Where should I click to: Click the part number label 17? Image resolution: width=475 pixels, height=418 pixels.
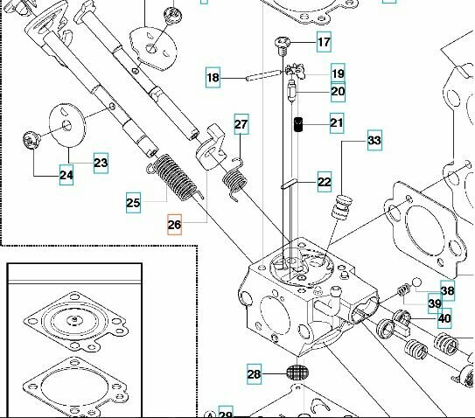point(324,42)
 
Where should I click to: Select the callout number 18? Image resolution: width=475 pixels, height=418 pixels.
point(213,78)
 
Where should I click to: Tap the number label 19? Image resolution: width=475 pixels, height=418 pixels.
point(338,73)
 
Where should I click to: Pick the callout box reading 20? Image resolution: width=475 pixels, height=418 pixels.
point(338,91)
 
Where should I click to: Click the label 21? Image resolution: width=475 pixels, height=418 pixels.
point(337,123)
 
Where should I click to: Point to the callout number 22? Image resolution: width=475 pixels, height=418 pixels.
point(325,182)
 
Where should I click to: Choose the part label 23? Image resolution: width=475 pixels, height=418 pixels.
point(101,162)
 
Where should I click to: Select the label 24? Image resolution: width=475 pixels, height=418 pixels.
point(66,176)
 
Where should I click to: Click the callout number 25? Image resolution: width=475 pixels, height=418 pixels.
point(133,203)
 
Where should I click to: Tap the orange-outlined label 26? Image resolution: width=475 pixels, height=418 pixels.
point(174,225)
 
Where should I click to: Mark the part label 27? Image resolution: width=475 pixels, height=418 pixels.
point(241,125)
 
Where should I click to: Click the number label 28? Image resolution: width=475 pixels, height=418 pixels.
point(254,374)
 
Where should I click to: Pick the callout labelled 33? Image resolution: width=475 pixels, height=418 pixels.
point(374,140)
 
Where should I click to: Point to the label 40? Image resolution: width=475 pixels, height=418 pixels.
point(444,318)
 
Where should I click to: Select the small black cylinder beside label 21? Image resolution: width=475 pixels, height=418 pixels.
point(298,124)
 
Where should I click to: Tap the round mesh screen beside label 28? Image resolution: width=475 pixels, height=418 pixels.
point(297,373)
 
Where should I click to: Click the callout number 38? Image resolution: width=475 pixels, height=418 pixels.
point(447,292)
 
